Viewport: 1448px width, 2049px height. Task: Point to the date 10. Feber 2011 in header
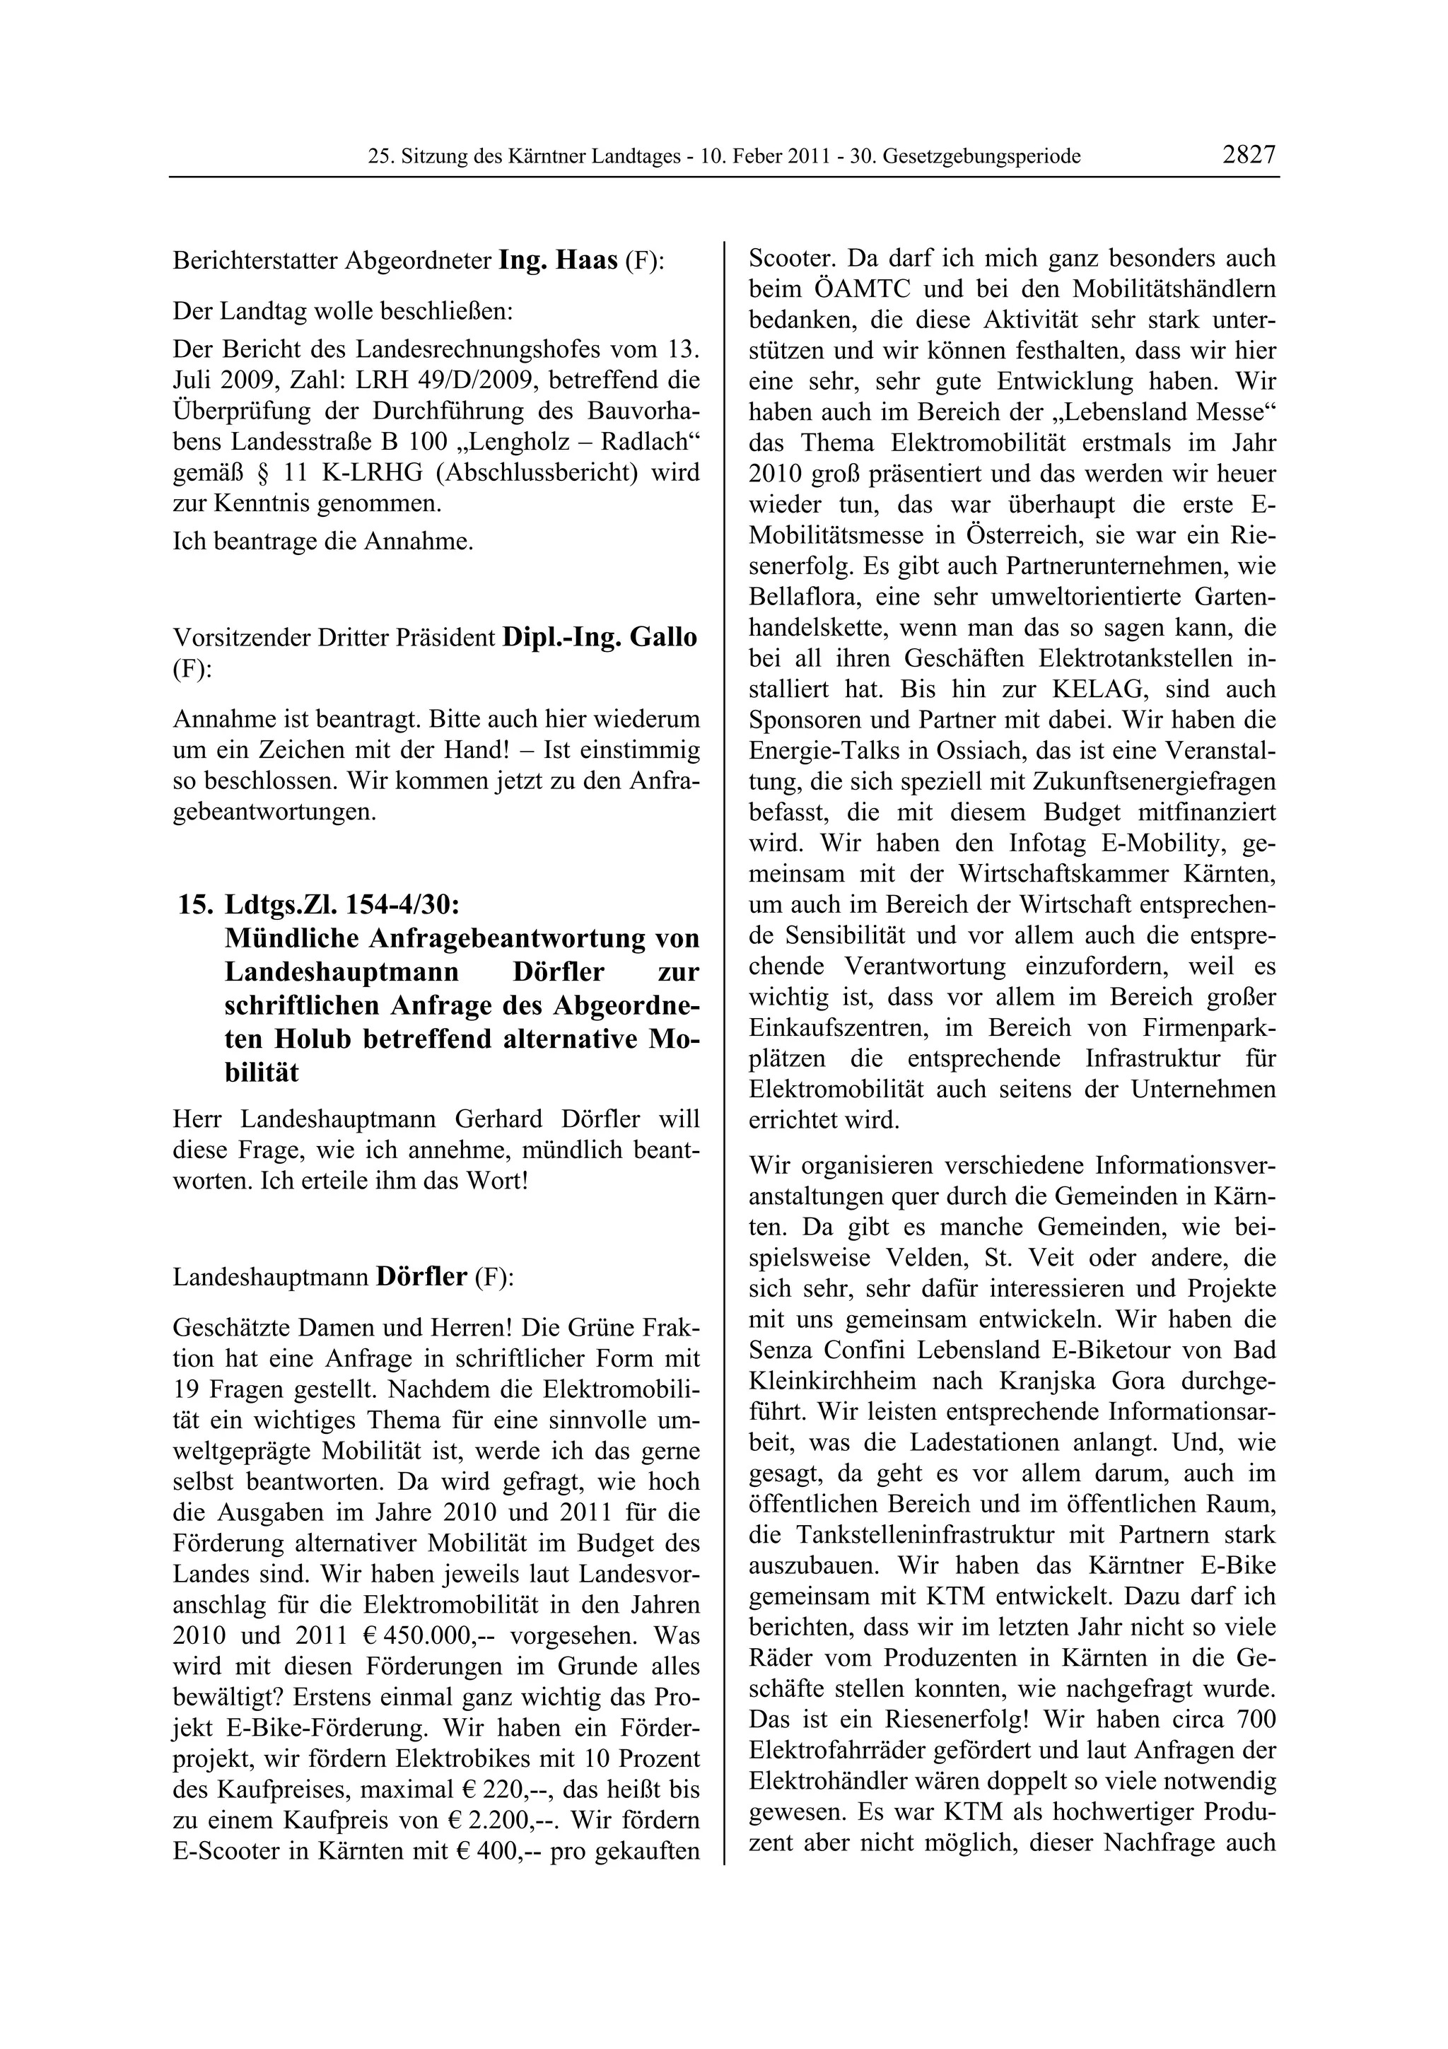click(763, 156)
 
